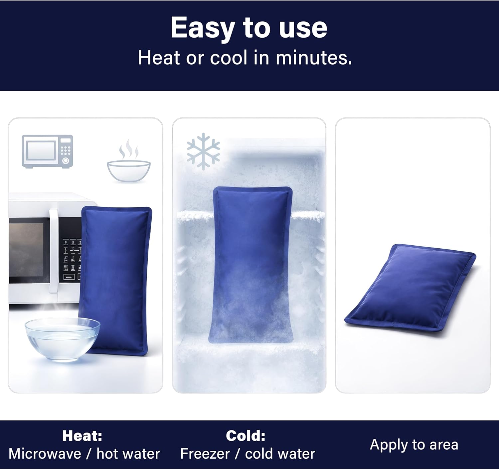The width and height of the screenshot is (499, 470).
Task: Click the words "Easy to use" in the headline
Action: pyautogui.click(x=249, y=28)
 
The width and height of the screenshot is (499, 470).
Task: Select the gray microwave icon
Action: pyautogui.click(x=48, y=151)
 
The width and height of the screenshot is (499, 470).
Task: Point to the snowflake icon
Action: pyautogui.click(x=203, y=151)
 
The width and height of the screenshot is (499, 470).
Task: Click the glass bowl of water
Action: pyautogui.click(x=63, y=339)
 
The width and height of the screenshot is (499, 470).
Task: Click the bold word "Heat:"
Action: pyautogui.click(x=82, y=436)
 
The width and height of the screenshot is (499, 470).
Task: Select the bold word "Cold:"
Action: pyautogui.click(x=246, y=436)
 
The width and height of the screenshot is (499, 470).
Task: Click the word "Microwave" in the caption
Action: pyautogui.click(x=45, y=454)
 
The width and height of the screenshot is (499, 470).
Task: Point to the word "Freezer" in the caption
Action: pyautogui.click(x=205, y=454)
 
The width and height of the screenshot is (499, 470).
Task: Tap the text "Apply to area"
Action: pyautogui.click(x=414, y=445)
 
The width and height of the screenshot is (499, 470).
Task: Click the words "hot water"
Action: pyautogui.click(x=128, y=454)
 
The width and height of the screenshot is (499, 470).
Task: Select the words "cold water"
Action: pyautogui.click(x=280, y=454)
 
